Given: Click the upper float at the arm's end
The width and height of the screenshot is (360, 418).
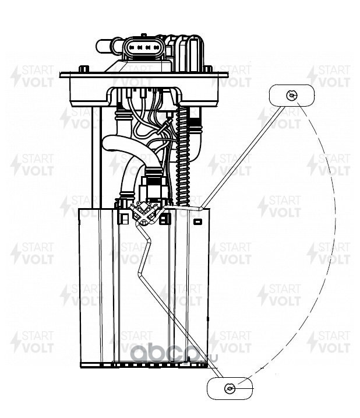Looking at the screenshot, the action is point(291,94).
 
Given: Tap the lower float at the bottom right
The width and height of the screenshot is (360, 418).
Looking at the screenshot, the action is point(230,388).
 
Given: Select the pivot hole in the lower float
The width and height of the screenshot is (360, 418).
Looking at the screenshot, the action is point(230,388).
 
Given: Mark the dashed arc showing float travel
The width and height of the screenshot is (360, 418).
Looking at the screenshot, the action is point(335,233).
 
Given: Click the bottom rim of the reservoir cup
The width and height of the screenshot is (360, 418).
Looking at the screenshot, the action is point(143,367).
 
